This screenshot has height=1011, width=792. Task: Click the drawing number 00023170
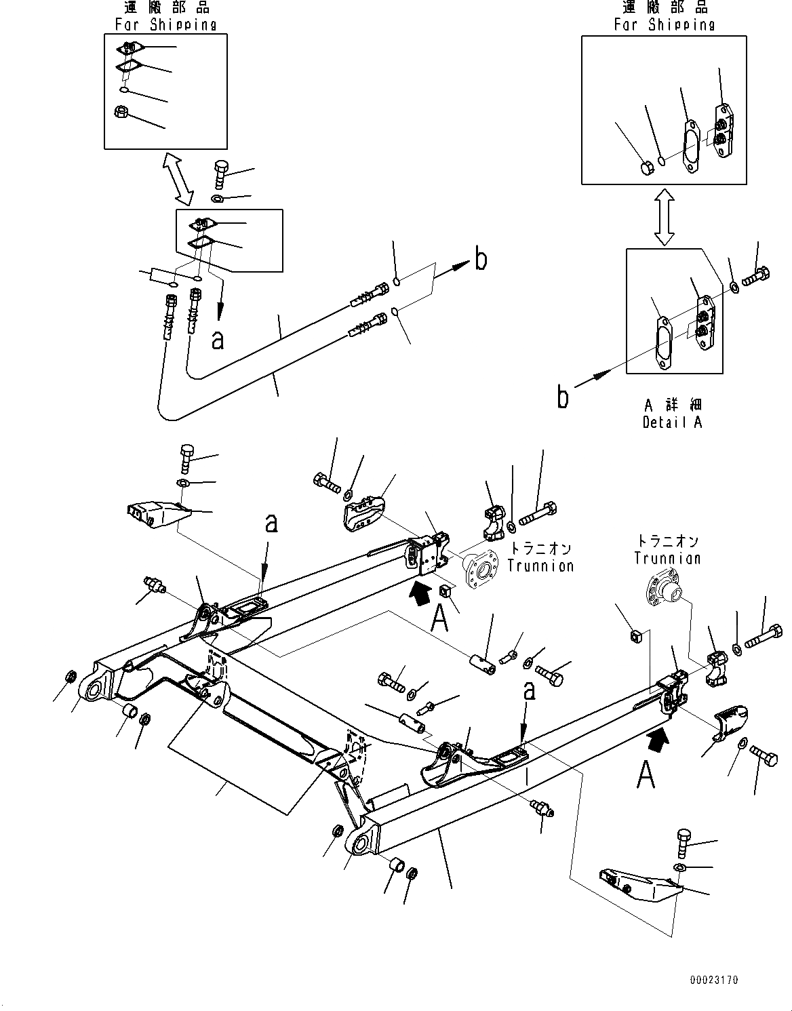715,980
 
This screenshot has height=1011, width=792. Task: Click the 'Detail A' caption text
672,422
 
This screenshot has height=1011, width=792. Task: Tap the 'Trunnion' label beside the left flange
541,566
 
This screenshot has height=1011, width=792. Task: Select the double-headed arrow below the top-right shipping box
664,216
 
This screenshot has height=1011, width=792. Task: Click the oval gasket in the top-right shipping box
691,147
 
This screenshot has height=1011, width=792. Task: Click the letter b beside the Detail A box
563,397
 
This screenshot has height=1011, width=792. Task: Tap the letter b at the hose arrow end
480,260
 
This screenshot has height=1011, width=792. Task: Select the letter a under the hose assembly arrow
217,338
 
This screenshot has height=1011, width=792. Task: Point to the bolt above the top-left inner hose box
222,174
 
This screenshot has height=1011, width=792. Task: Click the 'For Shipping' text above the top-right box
664,25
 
